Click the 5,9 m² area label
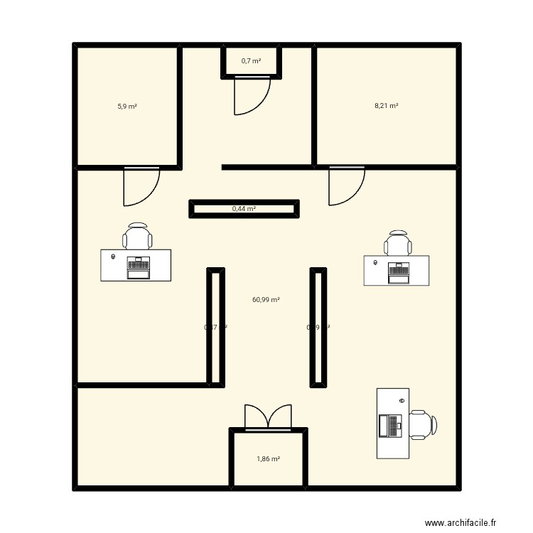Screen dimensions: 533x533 pos(127,107)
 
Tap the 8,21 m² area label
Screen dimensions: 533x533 pos(386,106)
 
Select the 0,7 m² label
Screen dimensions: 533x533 pos(251,61)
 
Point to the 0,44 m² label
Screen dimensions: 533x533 pos(244,209)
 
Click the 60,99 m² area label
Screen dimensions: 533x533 pos(266,300)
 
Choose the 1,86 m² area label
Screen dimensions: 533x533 pos(268,459)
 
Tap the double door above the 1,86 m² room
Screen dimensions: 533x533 pos(268,417)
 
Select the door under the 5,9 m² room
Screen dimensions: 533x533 pos(141,186)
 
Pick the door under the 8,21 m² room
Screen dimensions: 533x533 pos(346,186)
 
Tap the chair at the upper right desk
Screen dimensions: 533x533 pos(398,243)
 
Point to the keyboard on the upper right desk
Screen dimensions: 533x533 pos(398,271)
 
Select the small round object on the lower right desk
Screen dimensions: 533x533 pos(402,402)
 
